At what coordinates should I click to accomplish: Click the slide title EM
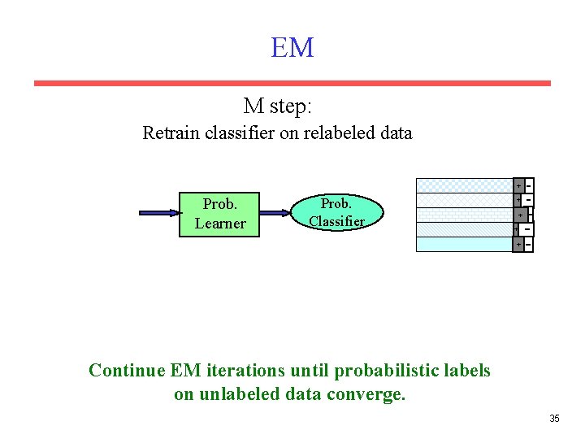click(292, 48)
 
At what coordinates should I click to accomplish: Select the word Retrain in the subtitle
click(169, 133)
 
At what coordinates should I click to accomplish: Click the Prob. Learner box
click(219, 213)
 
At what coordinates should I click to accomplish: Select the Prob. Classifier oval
click(336, 211)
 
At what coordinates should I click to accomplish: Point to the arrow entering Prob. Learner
click(159, 213)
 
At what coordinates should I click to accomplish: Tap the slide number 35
click(554, 418)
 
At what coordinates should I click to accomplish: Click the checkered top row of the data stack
click(463, 185)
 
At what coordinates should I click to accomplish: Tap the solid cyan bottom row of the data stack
click(463, 244)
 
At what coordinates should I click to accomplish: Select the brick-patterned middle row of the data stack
click(463, 215)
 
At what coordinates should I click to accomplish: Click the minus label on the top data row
click(529, 185)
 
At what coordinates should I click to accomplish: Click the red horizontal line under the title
click(292, 83)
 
